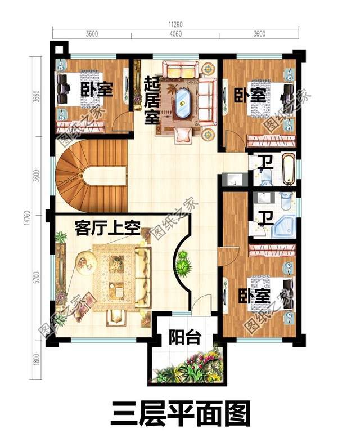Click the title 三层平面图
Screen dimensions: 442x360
click(181, 416)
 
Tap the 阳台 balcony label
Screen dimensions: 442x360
click(184, 338)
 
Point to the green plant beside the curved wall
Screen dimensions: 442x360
click(182, 262)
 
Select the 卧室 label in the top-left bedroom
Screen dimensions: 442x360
click(97, 90)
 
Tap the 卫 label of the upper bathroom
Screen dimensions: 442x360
click(264, 163)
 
